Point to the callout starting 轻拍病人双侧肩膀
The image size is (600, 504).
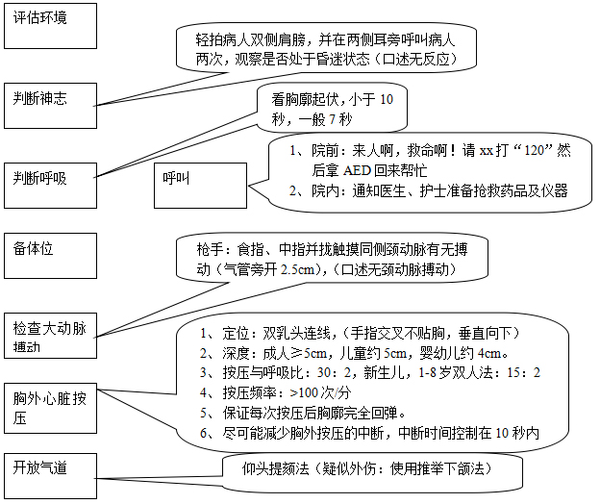(327, 49)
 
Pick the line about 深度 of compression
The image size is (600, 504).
(356, 353)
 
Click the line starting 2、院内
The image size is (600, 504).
(429, 189)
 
